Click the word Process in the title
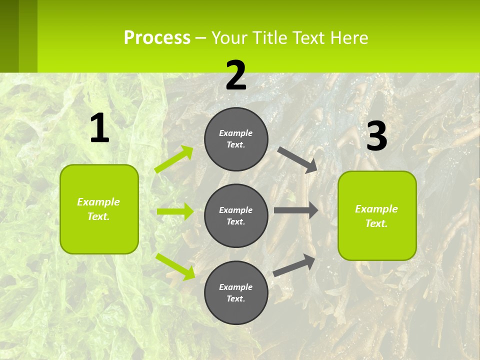tap(157, 38)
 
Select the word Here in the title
tap(349, 38)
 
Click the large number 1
tap(99, 128)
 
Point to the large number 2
tap(236, 75)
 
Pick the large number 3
tap(377, 136)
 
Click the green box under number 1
tap(99, 209)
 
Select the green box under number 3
tap(377, 215)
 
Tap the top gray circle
tap(236, 139)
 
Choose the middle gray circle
tap(236, 215)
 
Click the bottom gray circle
tap(236, 292)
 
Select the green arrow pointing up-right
tap(174, 159)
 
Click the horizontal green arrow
tap(175, 211)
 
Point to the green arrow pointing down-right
tap(175, 266)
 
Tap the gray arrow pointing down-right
tap(298, 159)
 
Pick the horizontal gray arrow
tap(296, 210)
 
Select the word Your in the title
tap(228, 38)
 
